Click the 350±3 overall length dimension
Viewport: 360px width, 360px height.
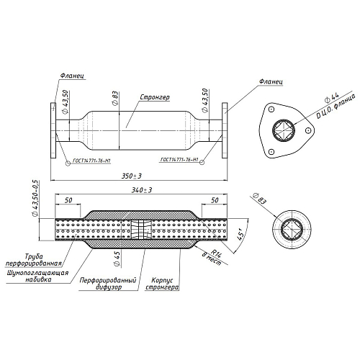click(132, 176)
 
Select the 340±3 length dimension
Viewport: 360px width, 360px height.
click(142, 190)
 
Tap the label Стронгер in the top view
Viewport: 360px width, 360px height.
click(155, 97)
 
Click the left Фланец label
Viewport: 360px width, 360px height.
click(72, 76)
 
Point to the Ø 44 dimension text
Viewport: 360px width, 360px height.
click(332, 97)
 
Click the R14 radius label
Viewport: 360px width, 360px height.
click(215, 253)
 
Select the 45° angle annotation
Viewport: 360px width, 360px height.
click(240, 234)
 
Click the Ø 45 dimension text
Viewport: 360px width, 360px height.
click(117, 258)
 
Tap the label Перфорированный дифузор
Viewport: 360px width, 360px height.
click(108, 284)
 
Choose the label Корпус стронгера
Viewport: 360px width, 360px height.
click(162, 284)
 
